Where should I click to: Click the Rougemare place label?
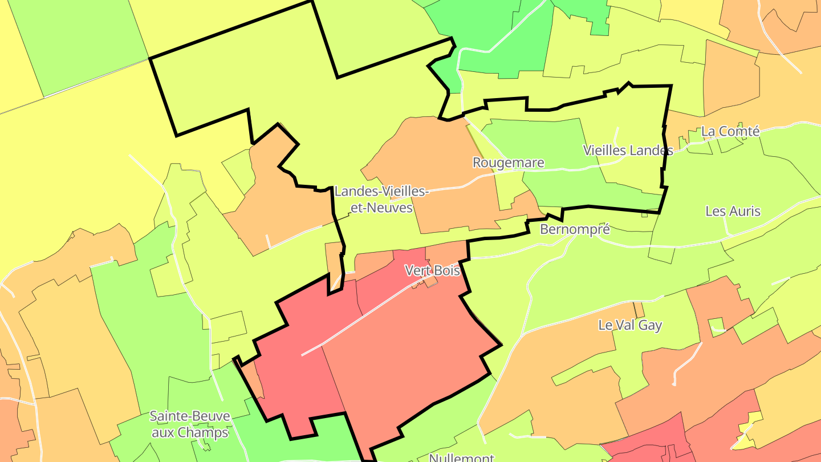[x=508, y=163]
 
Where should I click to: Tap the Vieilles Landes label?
[x=628, y=151]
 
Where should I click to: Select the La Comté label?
[x=730, y=131]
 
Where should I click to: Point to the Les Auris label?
[x=733, y=211]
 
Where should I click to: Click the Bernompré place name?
[x=575, y=229]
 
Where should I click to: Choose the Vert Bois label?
[x=432, y=270]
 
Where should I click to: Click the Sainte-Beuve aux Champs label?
[x=190, y=424]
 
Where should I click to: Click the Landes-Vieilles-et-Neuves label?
[x=381, y=199]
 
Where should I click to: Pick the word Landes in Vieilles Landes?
[x=652, y=151]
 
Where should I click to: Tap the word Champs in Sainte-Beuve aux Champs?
[x=205, y=432]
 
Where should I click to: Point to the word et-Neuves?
[x=381, y=208]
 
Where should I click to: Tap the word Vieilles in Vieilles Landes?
[x=604, y=151]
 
